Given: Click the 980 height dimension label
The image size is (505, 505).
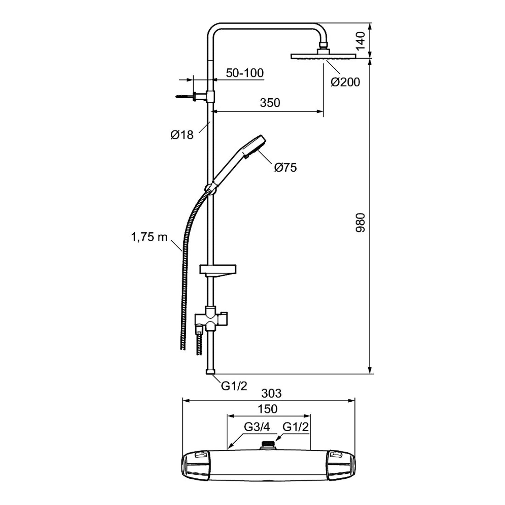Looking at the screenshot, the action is pos(361,223).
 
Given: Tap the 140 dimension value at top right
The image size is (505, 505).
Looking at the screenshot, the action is pos(361,40).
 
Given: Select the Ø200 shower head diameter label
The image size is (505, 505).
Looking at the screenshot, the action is pos(345,82).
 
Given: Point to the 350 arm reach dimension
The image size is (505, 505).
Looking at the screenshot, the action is pos(270,103).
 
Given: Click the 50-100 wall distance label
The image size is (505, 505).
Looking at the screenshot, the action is pos(245,73).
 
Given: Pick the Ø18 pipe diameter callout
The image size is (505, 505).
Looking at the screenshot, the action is pos(182,135).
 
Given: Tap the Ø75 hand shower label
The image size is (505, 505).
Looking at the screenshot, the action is pos(285,167).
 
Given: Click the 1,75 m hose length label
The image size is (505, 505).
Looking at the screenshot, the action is pos(149,237).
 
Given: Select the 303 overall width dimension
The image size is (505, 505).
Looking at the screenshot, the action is pos(271,393).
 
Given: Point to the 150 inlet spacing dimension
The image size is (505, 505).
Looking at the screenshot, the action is pos(268,409).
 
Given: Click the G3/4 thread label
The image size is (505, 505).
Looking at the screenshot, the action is pos(257,427).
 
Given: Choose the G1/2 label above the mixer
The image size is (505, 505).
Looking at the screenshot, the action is pos(295,427).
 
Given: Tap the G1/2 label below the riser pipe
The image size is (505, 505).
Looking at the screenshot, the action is pos(234,386).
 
